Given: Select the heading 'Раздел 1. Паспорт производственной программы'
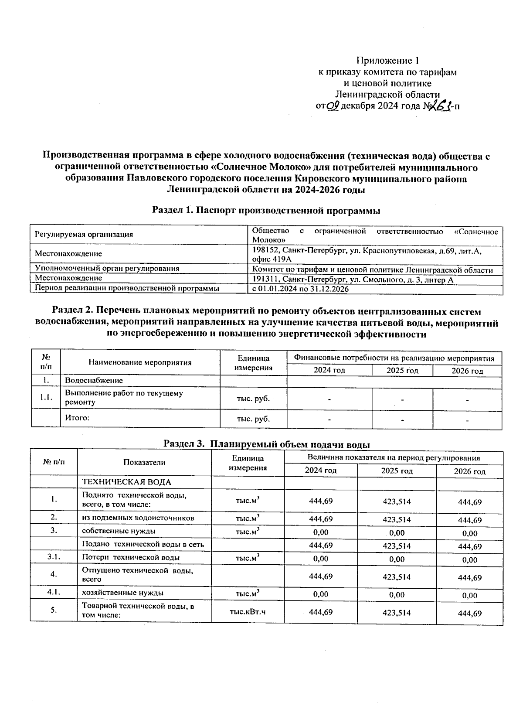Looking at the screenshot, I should [266, 211].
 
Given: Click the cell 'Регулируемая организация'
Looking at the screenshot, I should [84, 235].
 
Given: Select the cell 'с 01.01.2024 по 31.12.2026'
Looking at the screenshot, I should [300, 289].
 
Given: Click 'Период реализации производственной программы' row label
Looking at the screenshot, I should [127, 288].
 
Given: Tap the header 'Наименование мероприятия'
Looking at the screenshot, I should [140, 362].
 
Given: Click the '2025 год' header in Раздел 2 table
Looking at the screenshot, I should [402, 371].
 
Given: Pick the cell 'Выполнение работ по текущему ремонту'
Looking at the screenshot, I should [124, 398].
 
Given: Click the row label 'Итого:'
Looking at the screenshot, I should [77, 418].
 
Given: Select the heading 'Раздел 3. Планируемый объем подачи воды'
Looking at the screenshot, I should [266, 444].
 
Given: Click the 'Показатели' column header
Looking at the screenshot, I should [144, 463].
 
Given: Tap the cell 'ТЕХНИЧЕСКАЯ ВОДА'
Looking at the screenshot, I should [126, 482].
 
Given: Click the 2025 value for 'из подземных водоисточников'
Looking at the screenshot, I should [396, 519].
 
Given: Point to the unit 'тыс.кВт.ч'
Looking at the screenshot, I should [248, 612].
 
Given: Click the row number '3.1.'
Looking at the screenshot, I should [54, 557].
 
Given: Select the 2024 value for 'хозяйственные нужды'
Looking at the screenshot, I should [320, 594].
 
